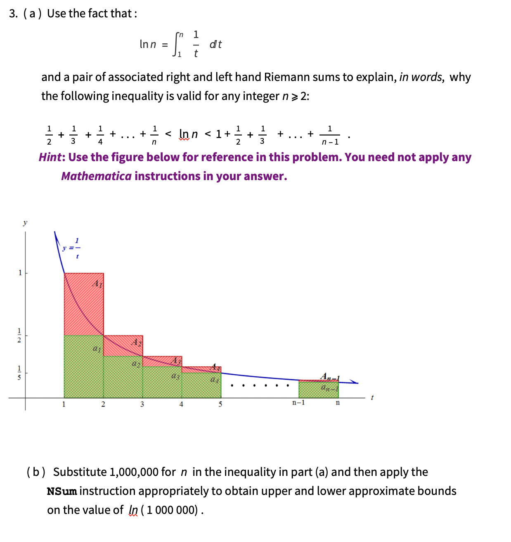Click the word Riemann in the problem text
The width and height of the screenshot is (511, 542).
[284, 77]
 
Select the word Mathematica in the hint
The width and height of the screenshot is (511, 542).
[96, 176]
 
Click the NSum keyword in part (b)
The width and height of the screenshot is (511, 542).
[62, 491]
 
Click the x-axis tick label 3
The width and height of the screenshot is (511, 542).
[142, 404]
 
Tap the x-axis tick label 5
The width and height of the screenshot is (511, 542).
[220, 404]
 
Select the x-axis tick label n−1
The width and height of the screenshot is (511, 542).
[298, 403]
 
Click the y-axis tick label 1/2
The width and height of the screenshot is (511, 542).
[19, 335]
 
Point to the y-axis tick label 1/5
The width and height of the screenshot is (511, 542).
[19, 372]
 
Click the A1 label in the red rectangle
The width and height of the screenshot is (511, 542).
[97, 284]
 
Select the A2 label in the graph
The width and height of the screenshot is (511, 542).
[137, 342]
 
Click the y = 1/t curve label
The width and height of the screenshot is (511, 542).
[72, 248]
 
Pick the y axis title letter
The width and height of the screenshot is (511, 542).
[25, 223]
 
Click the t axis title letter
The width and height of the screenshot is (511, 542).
[372, 398]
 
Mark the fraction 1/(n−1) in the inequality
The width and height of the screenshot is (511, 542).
[330, 135]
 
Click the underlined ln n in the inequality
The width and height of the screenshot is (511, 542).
[188, 134]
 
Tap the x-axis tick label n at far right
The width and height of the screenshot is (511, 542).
[338, 403]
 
